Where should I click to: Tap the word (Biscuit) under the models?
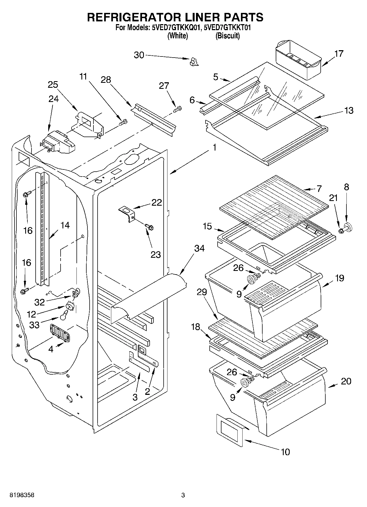(x=227, y=36)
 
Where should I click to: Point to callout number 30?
(x=139, y=55)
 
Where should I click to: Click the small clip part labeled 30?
(x=194, y=62)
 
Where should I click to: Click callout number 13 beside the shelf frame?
(x=349, y=111)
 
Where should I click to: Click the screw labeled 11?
(x=123, y=122)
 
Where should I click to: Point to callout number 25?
(x=53, y=84)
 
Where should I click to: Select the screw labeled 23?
(x=150, y=227)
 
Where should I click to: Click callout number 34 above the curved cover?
(x=199, y=248)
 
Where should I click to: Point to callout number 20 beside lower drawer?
(x=346, y=381)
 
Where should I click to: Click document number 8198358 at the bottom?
(x=22, y=495)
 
